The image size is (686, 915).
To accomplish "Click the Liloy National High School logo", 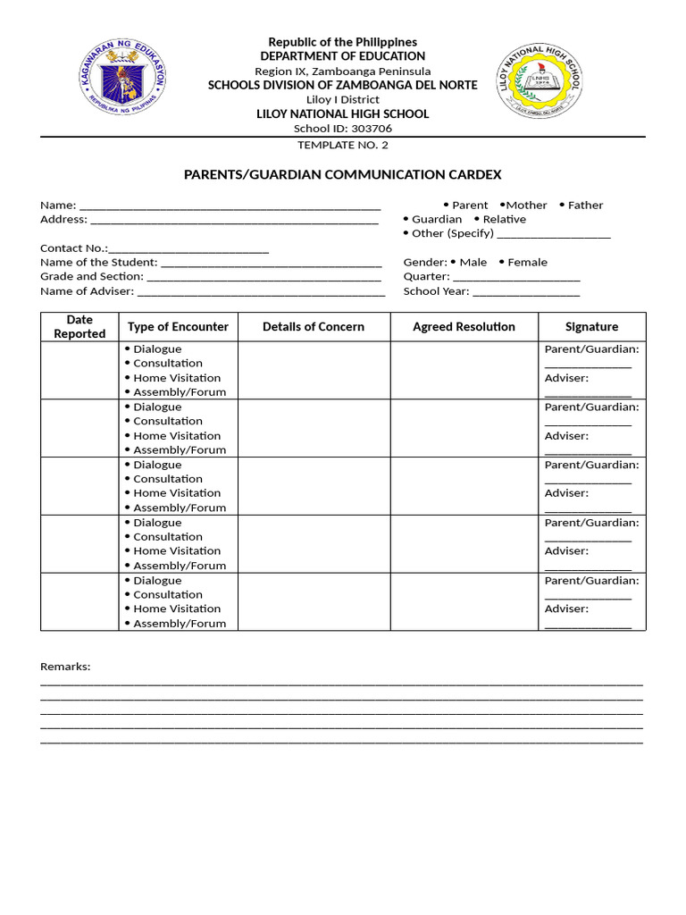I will (540, 83).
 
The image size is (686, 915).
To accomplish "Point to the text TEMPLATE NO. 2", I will (343, 145).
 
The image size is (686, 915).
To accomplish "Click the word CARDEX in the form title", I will (473, 174).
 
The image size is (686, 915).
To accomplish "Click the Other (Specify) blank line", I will (554, 234).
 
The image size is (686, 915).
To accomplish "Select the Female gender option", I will (523, 262).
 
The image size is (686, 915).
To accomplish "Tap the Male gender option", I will (469, 262).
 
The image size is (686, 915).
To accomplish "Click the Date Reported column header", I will (79, 326).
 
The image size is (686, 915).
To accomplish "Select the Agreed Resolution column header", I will (464, 326).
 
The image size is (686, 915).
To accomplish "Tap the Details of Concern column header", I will (314, 326).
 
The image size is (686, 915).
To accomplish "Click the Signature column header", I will (591, 326).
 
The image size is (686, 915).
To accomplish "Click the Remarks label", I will (65, 667).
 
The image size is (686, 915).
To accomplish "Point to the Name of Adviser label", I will (87, 290).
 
